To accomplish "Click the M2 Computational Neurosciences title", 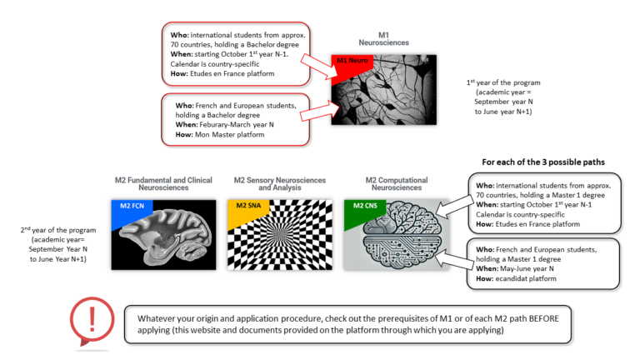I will pos(397,184).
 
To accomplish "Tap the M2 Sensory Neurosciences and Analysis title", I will pos(277,184).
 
